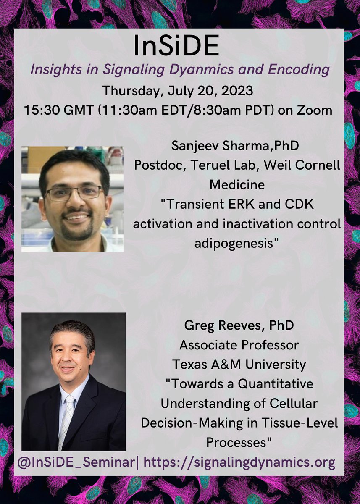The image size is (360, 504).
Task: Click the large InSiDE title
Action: [176, 46]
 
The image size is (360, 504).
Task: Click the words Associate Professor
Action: [239, 345]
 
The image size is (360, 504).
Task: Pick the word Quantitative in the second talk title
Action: [276, 384]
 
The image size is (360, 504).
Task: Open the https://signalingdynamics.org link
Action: [239, 462]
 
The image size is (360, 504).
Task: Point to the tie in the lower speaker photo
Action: [67, 414]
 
